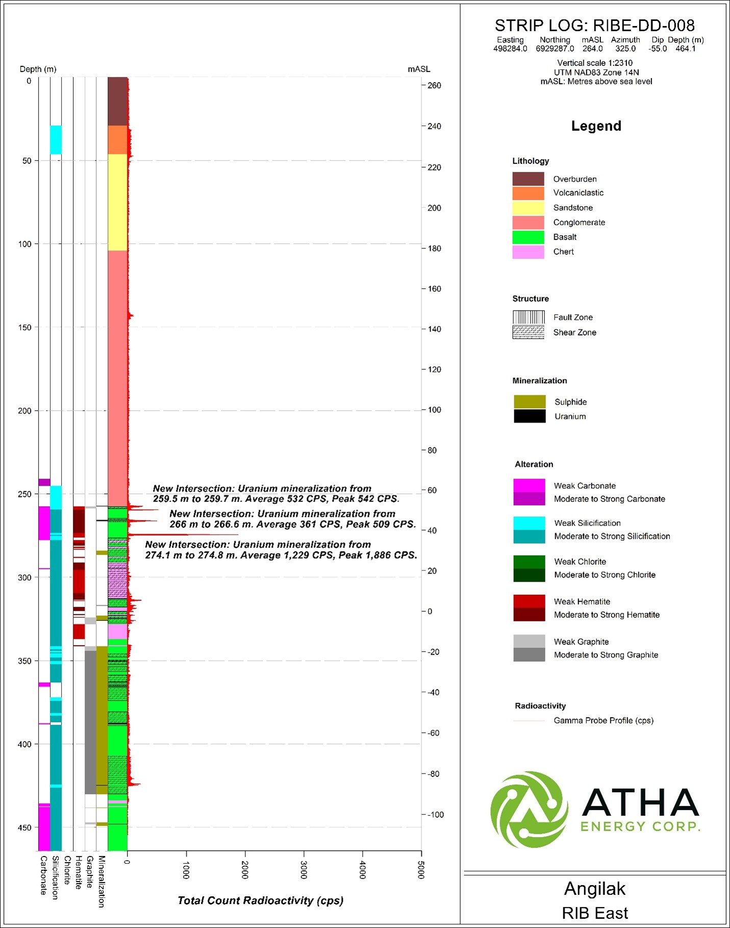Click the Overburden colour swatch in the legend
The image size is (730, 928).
click(528, 179)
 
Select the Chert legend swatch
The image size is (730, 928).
click(528, 252)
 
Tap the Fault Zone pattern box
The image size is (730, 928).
click(528, 317)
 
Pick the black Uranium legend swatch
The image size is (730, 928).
click(530, 416)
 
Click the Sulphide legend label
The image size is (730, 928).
click(570, 402)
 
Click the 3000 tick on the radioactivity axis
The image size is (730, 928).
click(304, 870)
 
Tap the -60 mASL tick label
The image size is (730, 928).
click(434, 733)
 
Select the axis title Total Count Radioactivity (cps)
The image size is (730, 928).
click(260, 900)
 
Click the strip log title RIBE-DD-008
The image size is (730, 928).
click(594, 26)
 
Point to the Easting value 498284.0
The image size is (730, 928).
click(510, 49)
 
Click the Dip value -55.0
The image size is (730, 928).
click(658, 49)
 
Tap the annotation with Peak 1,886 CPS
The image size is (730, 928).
click(281, 550)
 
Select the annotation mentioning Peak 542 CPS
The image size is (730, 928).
click(275, 494)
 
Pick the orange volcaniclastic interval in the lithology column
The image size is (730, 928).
click(117, 140)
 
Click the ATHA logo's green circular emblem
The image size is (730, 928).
click(529, 809)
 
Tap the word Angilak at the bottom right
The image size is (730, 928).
click(594, 889)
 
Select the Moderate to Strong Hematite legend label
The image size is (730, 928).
click(607, 615)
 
